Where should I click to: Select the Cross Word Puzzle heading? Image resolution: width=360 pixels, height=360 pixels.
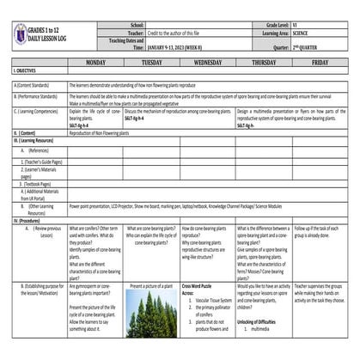(x=199, y=284)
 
